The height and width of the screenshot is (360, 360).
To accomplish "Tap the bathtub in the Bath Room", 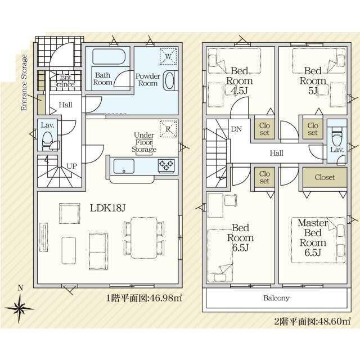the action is pyautogui.click(x=109, y=56).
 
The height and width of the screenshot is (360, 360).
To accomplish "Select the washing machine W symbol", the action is pyautogui.click(x=168, y=56).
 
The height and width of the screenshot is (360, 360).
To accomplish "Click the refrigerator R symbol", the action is pyautogui.click(x=168, y=129).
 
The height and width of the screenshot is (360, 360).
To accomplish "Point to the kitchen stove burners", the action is pyautogui.click(x=166, y=165).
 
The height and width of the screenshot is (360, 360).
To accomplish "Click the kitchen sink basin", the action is pyautogui.click(x=124, y=166).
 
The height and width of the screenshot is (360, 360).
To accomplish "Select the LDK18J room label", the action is pyautogui.click(x=107, y=208).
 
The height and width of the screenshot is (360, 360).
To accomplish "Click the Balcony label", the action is pyautogui.click(x=276, y=298).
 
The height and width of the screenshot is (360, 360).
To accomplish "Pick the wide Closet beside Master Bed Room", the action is pyautogui.click(x=325, y=177).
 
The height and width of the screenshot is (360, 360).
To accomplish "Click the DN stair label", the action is pyautogui.click(x=236, y=129).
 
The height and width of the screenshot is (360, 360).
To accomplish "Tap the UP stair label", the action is pyautogui.click(x=71, y=166).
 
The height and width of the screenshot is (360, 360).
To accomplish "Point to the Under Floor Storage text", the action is pyautogui.click(x=144, y=142).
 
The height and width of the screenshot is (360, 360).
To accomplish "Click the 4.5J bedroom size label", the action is pyautogui.click(x=239, y=91).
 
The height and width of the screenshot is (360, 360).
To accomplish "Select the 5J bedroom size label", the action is pyautogui.click(x=313, y=91).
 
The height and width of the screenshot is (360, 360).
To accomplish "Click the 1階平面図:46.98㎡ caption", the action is pyautogui.click(x=144, y=298).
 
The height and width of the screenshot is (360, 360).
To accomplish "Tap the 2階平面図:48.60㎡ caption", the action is pyautogui.click(x=313, y=321).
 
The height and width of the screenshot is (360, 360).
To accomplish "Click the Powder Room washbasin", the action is pyautogui.click(x=170, y=80).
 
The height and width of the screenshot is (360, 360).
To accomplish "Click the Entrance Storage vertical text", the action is pyautogui.click(x=24, y=83).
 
